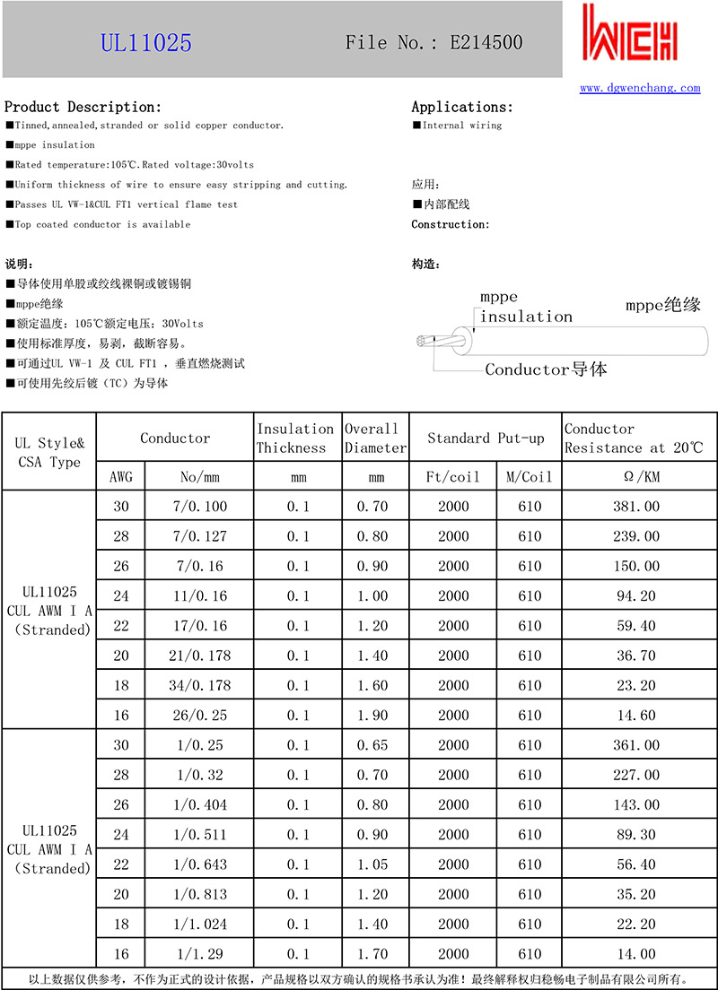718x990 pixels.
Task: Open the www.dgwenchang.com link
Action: (639, 88)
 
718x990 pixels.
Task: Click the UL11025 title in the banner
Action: (145, 43)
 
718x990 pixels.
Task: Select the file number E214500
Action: (486, 42)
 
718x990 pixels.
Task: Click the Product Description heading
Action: (83, 107)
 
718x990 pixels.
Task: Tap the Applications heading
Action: (462, 107)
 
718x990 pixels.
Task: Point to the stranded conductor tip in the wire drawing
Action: (422, 341)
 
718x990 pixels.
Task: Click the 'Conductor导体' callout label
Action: (546, 369)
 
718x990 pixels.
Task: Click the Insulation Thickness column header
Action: (295, 439)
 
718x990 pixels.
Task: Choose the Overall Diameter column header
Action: (375, 439)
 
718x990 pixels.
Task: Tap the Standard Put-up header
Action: (486, 439)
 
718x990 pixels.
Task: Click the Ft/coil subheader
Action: (453, 477)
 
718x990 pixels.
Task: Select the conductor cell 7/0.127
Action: (199, 536)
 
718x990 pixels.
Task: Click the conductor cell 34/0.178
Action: (199, 685)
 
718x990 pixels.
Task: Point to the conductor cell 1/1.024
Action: (199, 924)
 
